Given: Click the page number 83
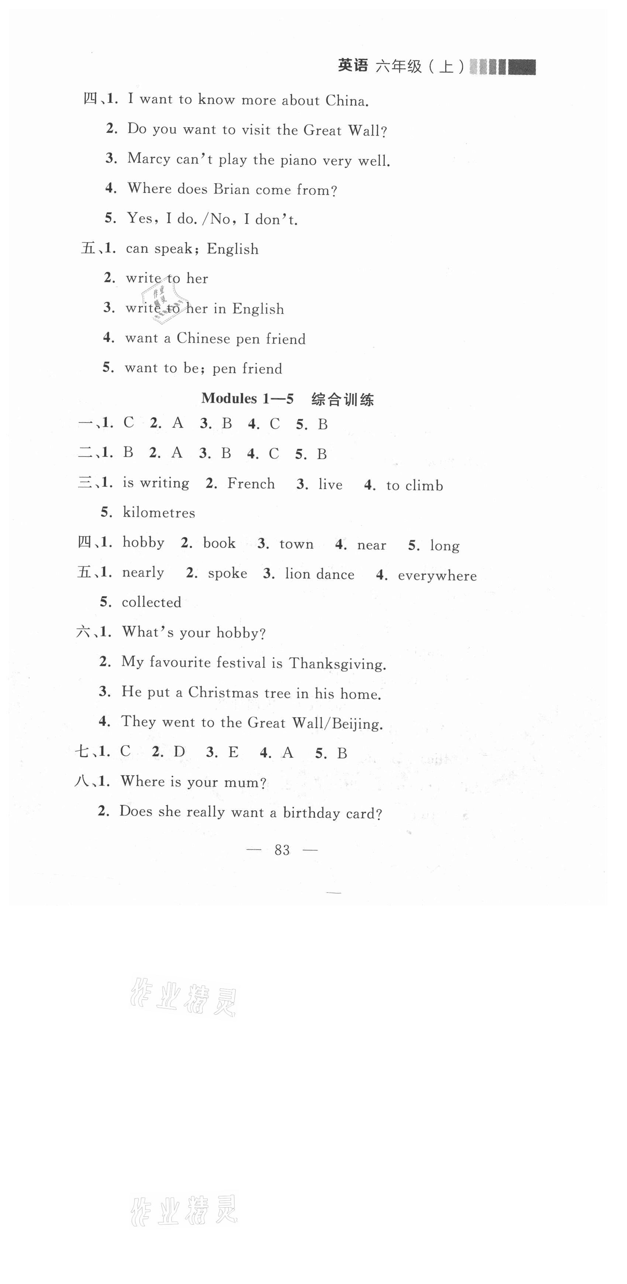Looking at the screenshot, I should (x=282, y=850).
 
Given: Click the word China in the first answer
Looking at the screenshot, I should (x=346, y=101).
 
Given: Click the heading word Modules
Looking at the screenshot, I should (x=229, y=398).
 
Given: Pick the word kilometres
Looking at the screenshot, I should (x=159, y=513).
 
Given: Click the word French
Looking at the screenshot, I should (x=251, y=483).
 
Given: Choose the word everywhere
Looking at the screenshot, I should (x=437, y=576).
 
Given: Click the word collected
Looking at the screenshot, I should (x=151, y=602).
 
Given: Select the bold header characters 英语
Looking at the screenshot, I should (x=353, y=66).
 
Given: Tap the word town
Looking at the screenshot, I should (x=296, y=544).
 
